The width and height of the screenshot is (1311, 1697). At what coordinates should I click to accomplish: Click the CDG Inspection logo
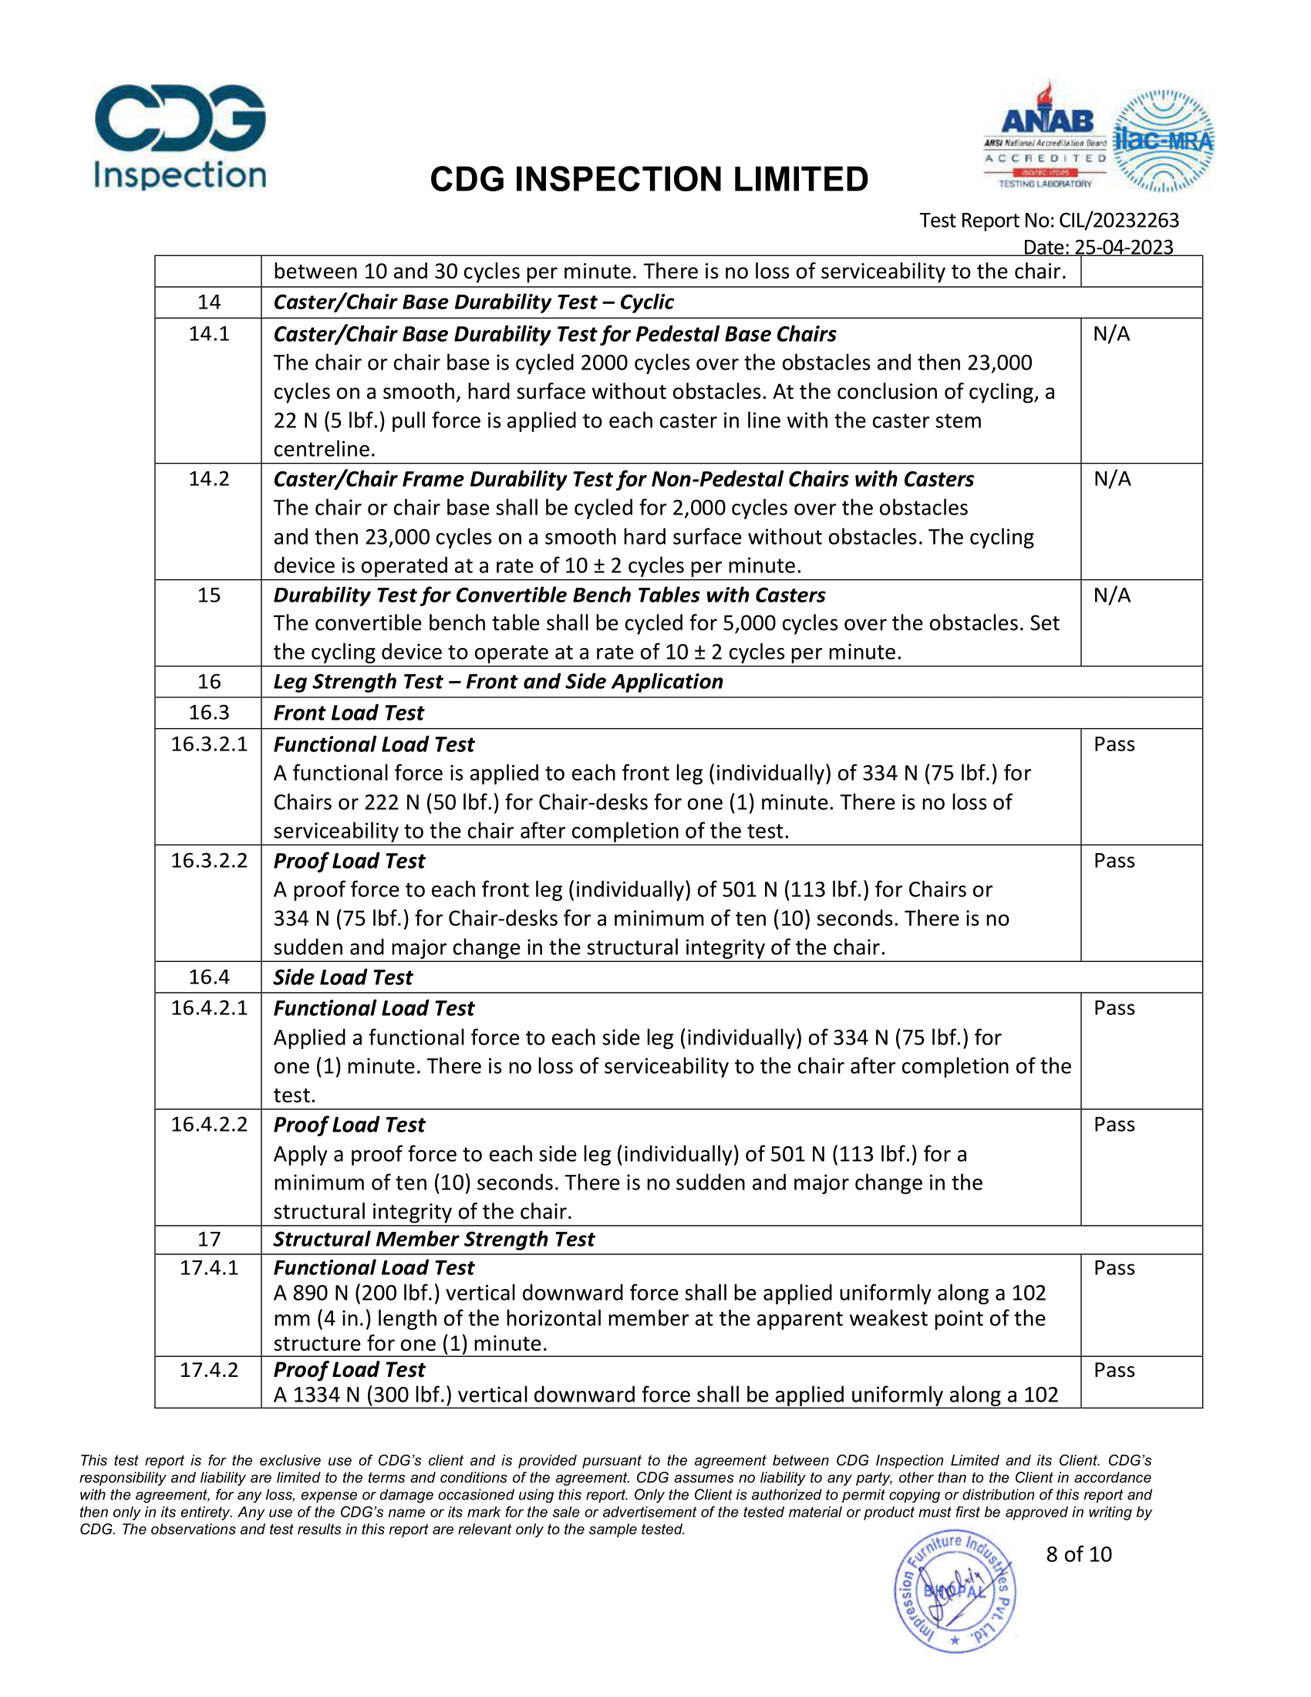[180, 137]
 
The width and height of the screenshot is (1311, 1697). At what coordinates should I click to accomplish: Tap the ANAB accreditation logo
[1046, 137]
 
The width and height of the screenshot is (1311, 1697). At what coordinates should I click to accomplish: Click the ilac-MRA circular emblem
[1163, 140]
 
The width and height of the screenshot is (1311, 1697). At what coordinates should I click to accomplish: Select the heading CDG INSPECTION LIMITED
[649, 180]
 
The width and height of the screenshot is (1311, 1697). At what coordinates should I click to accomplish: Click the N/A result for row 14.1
[1111, 334]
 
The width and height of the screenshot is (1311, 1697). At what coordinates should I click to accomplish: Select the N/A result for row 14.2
[1112, 479]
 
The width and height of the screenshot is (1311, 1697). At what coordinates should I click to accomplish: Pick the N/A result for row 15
[1112, 595]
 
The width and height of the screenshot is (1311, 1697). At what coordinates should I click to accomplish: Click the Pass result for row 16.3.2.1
[1114, 744]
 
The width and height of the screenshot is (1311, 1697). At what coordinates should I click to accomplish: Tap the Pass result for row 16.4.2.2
[1114, 1125]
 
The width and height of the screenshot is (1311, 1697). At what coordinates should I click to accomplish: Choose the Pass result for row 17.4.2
[1114, 1370]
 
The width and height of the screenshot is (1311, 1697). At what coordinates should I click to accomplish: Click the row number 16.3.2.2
[209, 861]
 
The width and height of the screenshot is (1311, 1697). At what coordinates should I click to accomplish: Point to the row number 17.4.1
[209, 1268]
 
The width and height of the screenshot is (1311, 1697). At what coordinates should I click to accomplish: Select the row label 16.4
[209, 977]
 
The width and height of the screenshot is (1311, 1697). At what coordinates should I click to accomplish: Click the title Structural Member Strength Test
[433, 1240]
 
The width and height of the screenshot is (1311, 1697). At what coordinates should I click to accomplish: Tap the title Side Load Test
[342, 977]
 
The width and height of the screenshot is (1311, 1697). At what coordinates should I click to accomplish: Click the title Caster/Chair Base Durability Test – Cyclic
[473, 302]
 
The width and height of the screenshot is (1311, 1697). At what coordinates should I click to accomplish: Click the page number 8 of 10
[1079, 1554]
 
